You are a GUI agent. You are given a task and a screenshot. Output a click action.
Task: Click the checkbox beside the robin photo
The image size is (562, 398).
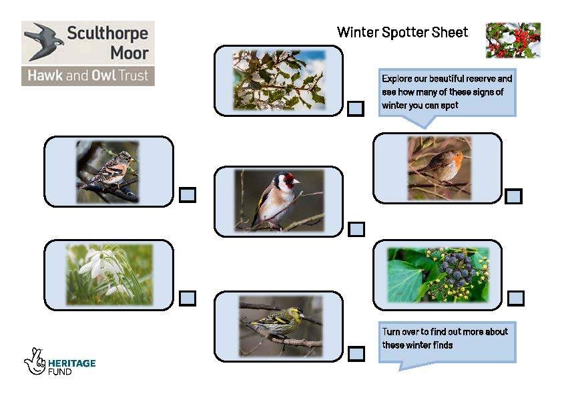(x=513, y=196)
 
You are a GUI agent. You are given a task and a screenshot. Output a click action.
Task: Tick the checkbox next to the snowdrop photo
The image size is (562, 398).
(x=188, y=298)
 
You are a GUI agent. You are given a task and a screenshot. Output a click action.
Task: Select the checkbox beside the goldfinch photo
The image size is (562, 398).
(x=356, y=229)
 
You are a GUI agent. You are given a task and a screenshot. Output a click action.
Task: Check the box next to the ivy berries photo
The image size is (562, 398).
(x=516, y=298)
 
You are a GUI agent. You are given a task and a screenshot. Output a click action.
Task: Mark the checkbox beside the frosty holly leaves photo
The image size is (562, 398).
(x=356, y=109)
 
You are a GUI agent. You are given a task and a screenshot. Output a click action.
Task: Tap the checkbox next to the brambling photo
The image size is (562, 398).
(x=188, y=195)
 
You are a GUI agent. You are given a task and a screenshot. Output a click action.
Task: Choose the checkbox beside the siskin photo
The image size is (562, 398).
(x=356, y=353)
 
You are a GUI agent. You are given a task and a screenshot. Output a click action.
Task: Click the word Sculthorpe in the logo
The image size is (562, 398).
(x=107, y=33)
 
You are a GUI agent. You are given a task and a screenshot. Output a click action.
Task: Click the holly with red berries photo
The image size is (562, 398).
(x=513, y=41)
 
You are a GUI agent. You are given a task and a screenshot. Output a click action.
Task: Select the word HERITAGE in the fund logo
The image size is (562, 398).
(x=71, y=363)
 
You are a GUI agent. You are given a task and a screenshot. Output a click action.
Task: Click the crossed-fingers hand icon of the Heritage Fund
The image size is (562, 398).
(x=35, y=361)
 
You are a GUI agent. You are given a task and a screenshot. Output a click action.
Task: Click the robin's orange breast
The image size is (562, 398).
(x=456, y=162)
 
